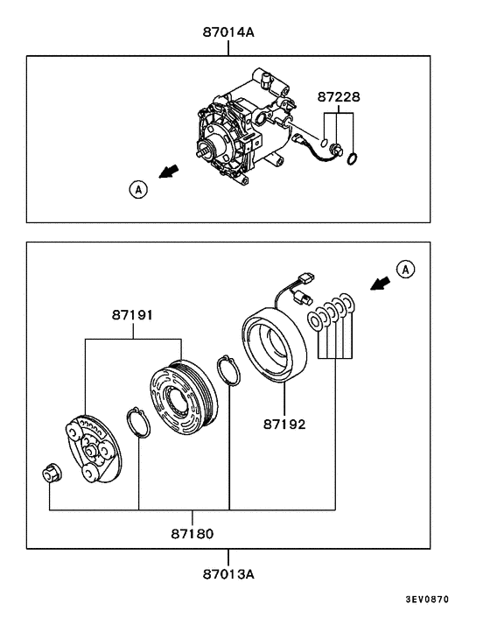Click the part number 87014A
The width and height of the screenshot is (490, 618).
click(x=228, y=33)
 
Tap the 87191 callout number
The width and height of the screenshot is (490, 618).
click(x=133, y=314)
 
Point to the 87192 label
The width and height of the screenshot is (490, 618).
click(x=285, y=425)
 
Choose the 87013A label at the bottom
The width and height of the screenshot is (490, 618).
click(x=228, y=574)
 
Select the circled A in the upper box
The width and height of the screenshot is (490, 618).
click(x=138, y=187)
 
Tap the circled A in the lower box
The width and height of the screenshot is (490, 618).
click(x=404, y=269)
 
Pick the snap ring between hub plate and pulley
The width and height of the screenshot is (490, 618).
click(x=139, y=424)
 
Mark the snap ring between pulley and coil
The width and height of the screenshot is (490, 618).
click(x=227, y=369)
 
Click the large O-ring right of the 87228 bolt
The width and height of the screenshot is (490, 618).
click(x=352, y=158)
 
